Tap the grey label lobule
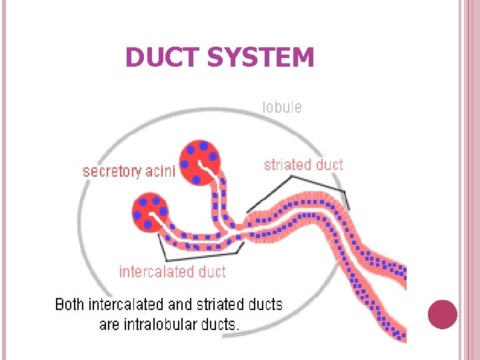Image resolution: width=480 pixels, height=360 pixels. pyautogui.click(x=281, y=107)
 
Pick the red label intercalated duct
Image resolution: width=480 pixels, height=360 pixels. pyautogui.click(x=172, y=271)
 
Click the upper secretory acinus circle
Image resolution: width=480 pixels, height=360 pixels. pyautogui.click(x=199, y=156)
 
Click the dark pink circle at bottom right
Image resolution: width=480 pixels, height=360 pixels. pyautogui.click(x=442, y=315)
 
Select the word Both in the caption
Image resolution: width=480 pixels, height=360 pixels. pyautogui.click(x=69, y=305)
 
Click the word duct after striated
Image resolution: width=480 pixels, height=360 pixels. pyautogui.click(x=329, y=165)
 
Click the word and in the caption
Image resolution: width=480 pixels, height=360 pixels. pyautogui.click(x=181, y=305)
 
